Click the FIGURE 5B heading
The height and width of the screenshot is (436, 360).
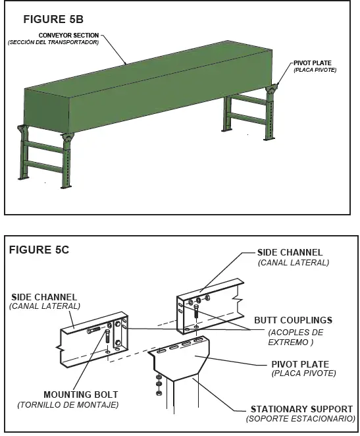click(53, 19)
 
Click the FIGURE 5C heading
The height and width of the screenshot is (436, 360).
click(39, 250)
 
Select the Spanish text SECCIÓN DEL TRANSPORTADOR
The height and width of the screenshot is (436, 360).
click(53, 43)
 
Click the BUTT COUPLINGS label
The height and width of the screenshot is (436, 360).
click(293, 320)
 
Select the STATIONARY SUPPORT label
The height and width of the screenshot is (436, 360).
click(301, 409)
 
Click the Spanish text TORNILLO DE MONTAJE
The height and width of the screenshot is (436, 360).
click(68, 404)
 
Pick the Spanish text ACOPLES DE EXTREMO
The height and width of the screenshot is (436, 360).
click(296, 337)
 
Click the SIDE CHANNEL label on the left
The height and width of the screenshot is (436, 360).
click(43, 297)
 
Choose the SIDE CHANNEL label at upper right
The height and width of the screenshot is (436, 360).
click(290, 252)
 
